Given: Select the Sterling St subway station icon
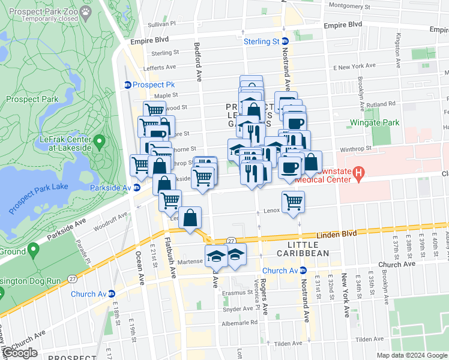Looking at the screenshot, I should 285,41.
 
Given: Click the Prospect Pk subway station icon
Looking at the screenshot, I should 128,85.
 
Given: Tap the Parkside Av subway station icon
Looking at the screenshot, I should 137,187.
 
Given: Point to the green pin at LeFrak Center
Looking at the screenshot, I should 100,142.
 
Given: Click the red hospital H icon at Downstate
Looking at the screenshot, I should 359,175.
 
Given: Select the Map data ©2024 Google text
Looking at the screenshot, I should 411,355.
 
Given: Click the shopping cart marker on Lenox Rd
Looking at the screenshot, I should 292,202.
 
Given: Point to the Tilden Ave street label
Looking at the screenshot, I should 369,340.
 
